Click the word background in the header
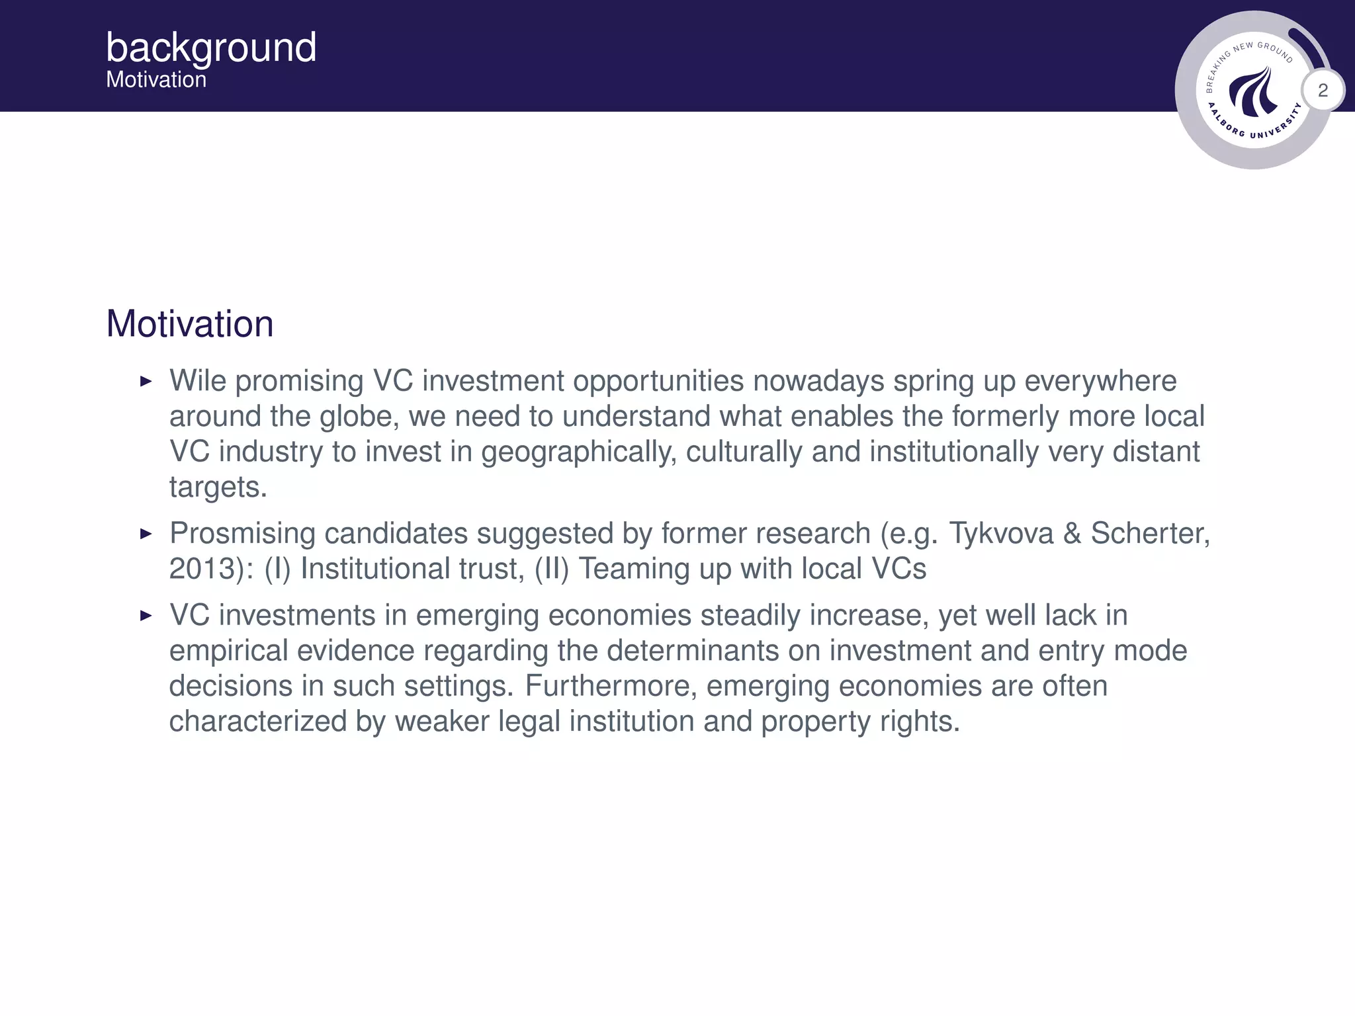point(211,48)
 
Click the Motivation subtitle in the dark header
point(156,80)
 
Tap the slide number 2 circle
point(1323,90)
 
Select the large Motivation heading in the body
point(190,324)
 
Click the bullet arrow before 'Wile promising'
point(146,381)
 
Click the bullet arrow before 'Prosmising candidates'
point(146,533)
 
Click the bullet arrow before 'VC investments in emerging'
point(146,616)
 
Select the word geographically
point(578,452)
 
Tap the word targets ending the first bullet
point(218,488)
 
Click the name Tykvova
point(1001,533)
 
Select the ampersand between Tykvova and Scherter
point(1072,533)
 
